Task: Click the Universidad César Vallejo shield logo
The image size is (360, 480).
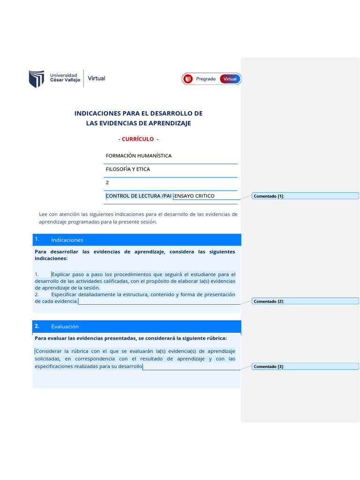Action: point(37,79)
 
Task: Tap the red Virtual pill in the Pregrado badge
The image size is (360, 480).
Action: point(230,79)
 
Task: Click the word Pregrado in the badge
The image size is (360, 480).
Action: point(206,79)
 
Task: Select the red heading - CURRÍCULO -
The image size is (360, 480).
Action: point(138,139)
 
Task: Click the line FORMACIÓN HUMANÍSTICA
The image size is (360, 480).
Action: point(139,156)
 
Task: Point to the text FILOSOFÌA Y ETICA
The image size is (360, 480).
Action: point(128,169)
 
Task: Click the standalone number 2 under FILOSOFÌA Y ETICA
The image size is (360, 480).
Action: point(107,182)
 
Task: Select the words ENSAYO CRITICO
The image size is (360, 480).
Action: point(194,195)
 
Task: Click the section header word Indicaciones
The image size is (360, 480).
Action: point(67,240)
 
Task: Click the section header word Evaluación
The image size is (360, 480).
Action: point(65,326)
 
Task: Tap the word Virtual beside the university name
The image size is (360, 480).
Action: point(97,78)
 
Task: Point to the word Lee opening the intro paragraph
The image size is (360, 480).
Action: point(43,214)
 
